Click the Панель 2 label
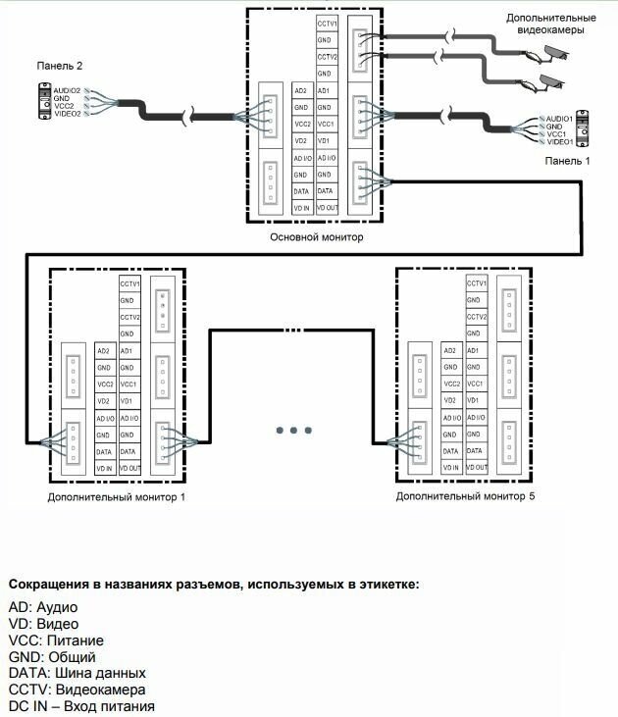coord(60,66)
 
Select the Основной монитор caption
coord(316,237)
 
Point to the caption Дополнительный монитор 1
coord(116,497)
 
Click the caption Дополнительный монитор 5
coord(465,497)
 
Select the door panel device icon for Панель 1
coord(583,129)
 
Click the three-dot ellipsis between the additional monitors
coord(294,430)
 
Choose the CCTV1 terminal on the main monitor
coord(328,23)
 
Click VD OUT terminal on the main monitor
coord(328,208)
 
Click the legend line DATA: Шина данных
coord(77,673)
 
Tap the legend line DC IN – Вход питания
coord(80,706)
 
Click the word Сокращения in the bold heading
coord(48,585)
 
